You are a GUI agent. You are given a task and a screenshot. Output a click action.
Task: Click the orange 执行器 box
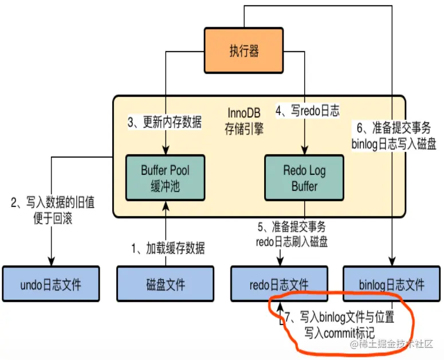coord(245,51)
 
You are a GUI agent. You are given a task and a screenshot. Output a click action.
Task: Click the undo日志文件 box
coord(50,284)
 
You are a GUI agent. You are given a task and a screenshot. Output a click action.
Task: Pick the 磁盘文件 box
coord(166,284)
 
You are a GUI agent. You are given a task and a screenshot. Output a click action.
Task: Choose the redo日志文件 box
coord(279,284)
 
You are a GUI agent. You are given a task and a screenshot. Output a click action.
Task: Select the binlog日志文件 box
coord(392,284)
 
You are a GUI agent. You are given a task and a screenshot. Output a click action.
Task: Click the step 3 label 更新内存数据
coord(164,122)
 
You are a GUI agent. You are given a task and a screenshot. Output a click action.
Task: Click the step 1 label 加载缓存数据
coord(167,248)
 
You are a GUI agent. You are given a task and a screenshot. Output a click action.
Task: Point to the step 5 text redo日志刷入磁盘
coord(292,241)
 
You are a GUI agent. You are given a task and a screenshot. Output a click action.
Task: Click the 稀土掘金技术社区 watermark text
coord(394,345)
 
